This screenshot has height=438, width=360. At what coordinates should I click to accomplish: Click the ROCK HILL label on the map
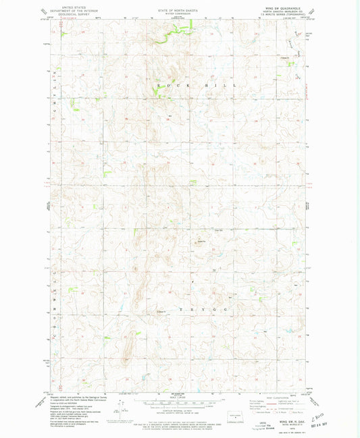196,86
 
